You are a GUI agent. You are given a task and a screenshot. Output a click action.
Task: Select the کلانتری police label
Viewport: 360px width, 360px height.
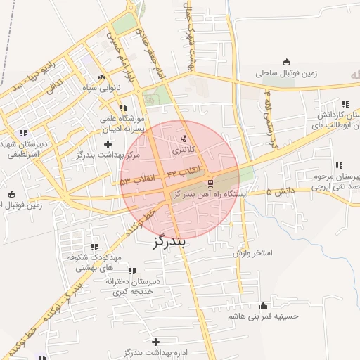pyautogui.click(x=184, y=150)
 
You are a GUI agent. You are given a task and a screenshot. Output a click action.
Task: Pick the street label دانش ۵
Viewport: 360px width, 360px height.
pyautogui.click(x=278, y=191)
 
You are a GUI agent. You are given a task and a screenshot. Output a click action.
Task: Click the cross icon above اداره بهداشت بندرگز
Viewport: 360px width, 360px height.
pyautogui.click(x=155, y=341)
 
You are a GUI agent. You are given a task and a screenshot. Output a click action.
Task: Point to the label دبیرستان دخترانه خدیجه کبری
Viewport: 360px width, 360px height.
pyautogui.click(x=134, y=286)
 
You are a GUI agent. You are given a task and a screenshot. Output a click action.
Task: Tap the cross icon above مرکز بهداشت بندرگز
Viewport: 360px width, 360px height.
pyautogui.click(x=107, y=143)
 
